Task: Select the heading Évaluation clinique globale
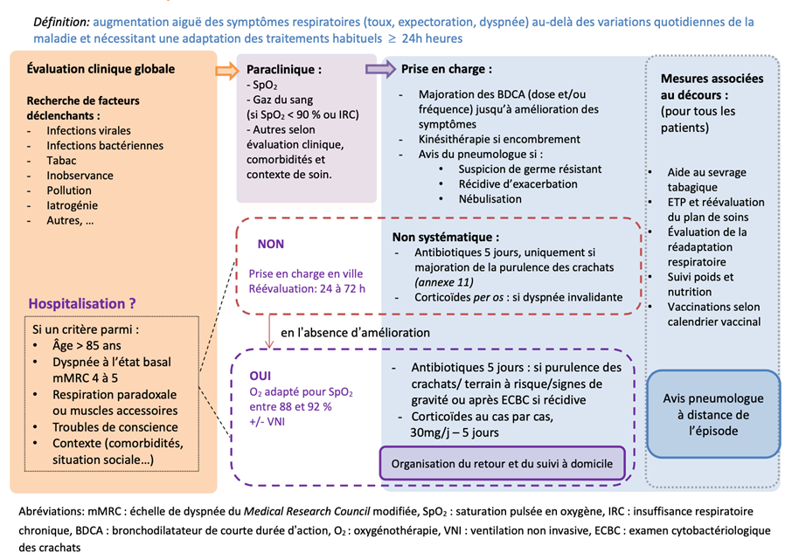click(x=101, y=69)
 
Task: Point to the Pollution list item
click(x=69, y=190)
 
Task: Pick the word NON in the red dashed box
click(x=270, y=245)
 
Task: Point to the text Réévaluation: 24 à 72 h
click(x=306, y=289)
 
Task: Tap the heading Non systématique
click(x=446, y=237)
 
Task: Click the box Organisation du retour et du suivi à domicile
click(x=502, y=463)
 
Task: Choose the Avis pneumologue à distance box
click(x=712, y=413)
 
